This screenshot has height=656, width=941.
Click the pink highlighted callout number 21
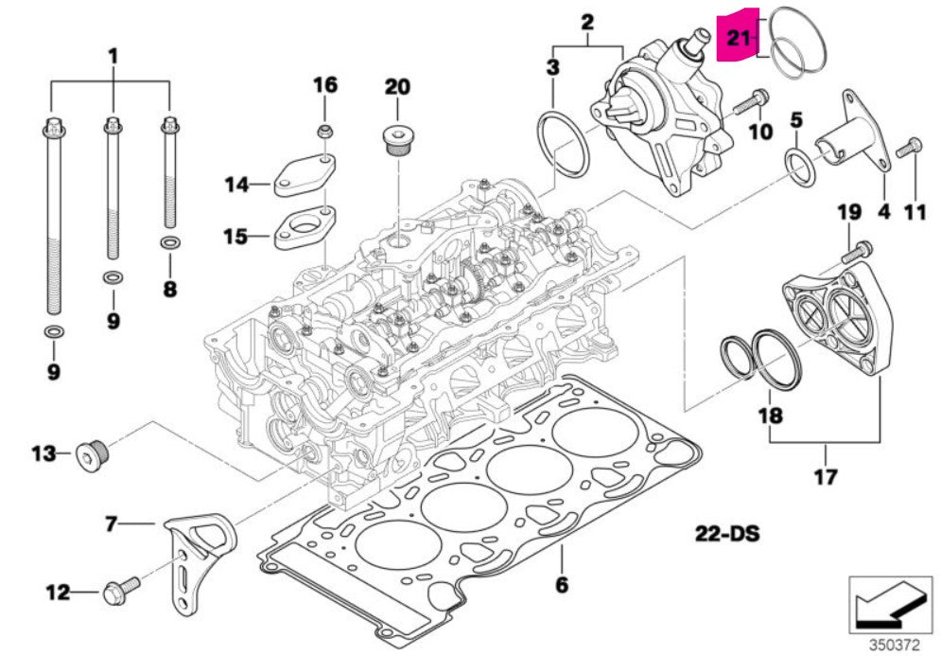pos(738,39)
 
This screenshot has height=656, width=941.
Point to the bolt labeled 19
pos(857,252)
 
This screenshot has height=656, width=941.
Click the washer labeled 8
pos(169,244)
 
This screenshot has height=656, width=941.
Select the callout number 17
pos(826,476)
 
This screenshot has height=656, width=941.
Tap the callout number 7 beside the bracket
pos(111,522)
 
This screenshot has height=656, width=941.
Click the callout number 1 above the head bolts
pos(113,56)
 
